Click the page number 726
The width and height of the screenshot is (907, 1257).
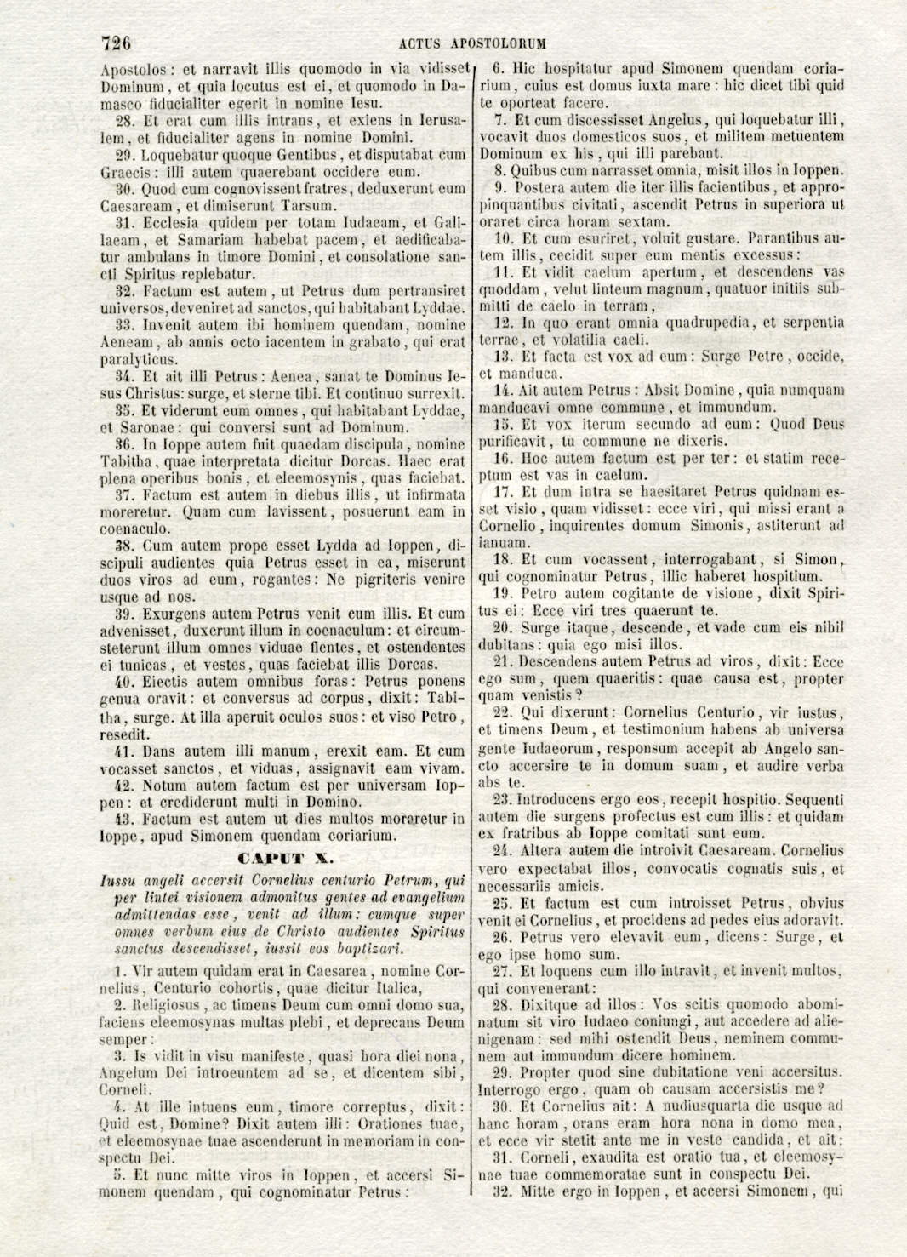point(115,43)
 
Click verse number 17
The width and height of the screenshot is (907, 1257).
point(502,492)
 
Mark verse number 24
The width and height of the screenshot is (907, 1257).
point(502,850)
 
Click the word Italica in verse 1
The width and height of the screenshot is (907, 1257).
point(394,988)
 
